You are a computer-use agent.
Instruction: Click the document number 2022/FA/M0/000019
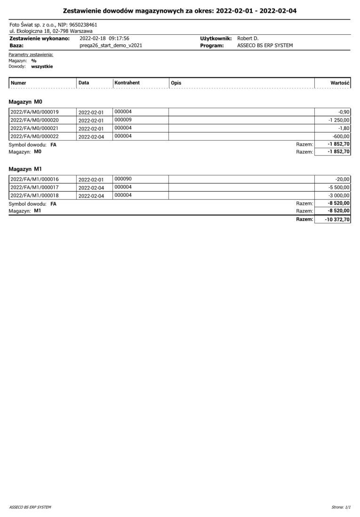34,112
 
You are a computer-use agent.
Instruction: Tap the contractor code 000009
123,120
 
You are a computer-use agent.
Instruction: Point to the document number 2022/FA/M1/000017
34,187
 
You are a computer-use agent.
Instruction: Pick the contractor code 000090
123,179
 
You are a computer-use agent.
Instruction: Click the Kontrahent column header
127,83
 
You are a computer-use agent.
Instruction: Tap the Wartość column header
340,83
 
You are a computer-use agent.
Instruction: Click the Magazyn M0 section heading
26,101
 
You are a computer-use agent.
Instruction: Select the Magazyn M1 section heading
26,169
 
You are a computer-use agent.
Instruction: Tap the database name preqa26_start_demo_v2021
111,46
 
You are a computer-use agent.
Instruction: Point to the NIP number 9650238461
83,24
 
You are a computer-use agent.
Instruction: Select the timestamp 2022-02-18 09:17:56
104,38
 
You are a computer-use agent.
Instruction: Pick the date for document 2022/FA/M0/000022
91,137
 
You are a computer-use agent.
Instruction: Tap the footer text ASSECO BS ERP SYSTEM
30,507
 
